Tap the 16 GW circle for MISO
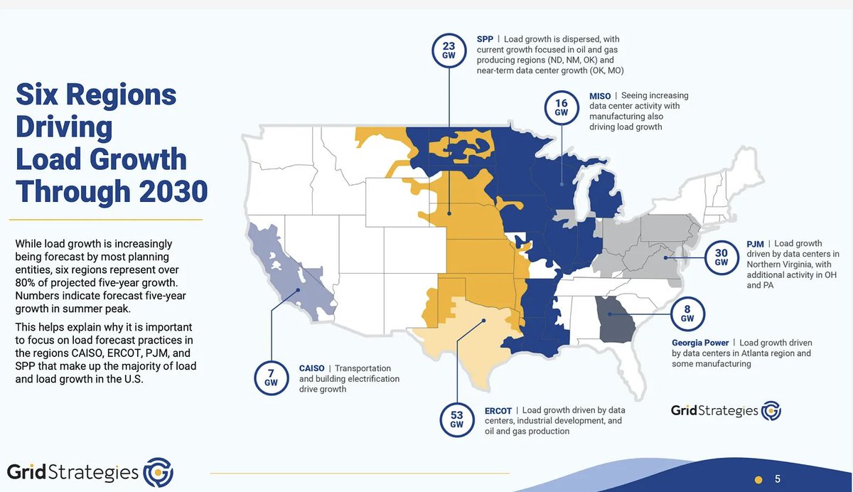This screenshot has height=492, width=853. pyautogui.click(x=562, y=107)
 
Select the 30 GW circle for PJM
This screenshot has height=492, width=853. pyautogui.click(x=721, y=257)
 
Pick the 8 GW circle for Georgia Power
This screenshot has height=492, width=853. pyautogui.click(x=687, y=313)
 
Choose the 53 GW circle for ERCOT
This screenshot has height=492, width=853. pyautogui.click(x=456, y=419)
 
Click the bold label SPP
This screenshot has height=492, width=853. pyautogui.click(x=485, y=38)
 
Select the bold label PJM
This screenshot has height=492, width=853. pyautogui.click(x=755, y=243)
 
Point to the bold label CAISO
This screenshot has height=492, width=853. pyautogui.click(x=312, y=368)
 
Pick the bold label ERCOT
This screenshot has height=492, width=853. pyautogui.click(x=498, y=410)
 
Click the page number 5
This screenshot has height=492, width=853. pyautogui.click(x=778, y=478)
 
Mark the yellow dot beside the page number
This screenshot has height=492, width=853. pyautogui.click(x=758, y=478)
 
